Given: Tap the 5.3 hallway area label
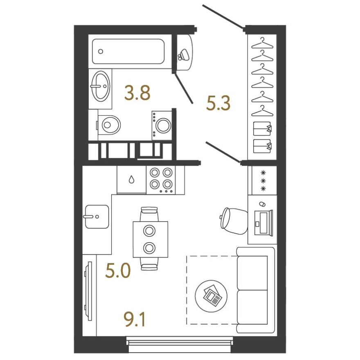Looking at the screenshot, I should coord(218,104).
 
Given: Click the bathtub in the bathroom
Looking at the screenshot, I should coord(128,52).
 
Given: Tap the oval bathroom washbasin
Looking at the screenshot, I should coord(100,86).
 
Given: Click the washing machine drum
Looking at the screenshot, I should coord(163,126).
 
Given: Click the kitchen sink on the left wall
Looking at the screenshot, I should coord(97,216).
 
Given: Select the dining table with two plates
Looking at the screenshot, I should coord(150,239).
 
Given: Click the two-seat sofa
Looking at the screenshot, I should coord(255,290).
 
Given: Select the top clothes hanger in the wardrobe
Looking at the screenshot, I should coord(262,42).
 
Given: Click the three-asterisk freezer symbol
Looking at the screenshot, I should coord(263,180).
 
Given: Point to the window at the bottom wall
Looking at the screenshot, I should coord(180,342).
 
